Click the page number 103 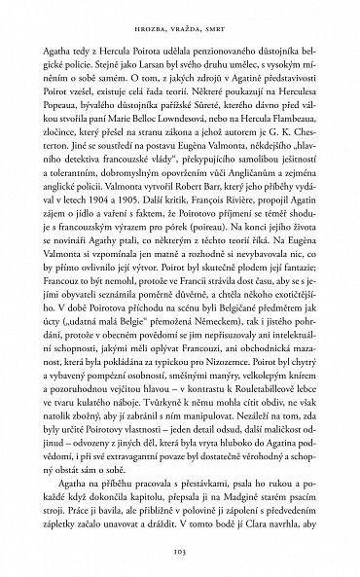point(180,553)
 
